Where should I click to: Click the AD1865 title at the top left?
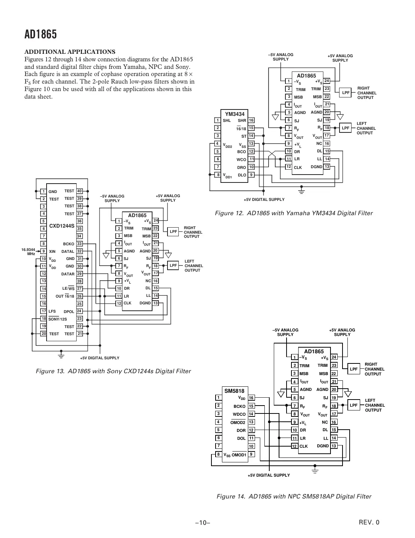coord(41,35)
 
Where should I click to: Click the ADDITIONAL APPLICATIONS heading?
coord(70,52)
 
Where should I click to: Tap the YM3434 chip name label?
coord(234,114)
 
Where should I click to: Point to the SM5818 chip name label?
coord(234,391)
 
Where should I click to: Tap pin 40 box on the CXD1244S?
coord(79,191)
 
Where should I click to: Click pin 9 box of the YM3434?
coord(251,175)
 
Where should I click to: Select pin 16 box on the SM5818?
coord(251,398)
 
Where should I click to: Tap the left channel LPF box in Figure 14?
coord(353,405)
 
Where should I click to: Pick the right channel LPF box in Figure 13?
coord(173,232)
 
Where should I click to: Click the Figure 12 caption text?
coord(293,213)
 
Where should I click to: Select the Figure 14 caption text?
coord(294,496)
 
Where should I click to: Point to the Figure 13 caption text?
coord(113,371)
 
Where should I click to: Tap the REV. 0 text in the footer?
coord(369,522)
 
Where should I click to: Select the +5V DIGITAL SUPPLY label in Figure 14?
coord(269,475)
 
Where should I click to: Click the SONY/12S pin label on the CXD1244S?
coord(57,319)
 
